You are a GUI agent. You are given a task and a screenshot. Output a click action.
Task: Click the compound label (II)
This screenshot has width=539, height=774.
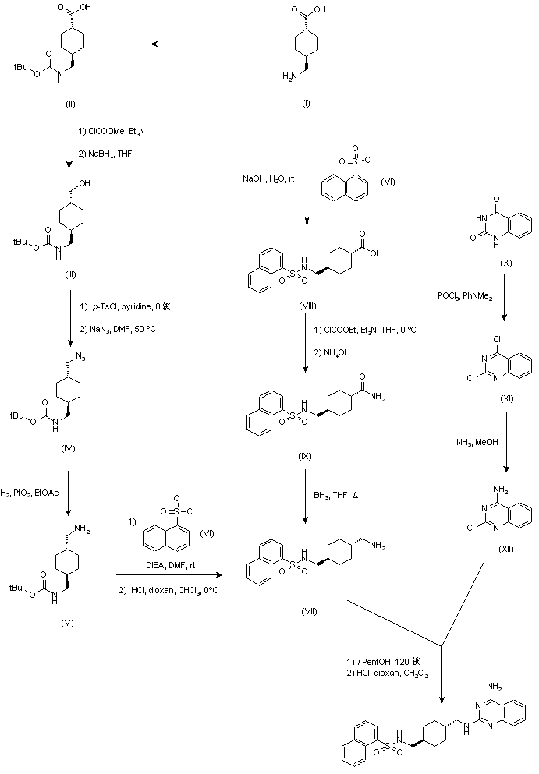coord(71,103)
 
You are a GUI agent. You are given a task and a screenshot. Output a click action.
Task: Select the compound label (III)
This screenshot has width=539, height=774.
coord(71,274)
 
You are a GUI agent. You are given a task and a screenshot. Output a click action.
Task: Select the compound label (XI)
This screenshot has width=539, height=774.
coord(505,398)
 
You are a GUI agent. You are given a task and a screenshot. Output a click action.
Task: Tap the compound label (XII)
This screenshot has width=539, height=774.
coord(505,549)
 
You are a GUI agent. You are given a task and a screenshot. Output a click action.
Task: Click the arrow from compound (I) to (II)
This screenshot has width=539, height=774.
coord(193,44)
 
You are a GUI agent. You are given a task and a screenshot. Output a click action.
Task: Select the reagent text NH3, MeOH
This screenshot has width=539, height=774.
coord(475,444)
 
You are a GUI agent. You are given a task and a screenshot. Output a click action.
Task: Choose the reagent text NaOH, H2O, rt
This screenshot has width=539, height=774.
coord(268,179)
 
